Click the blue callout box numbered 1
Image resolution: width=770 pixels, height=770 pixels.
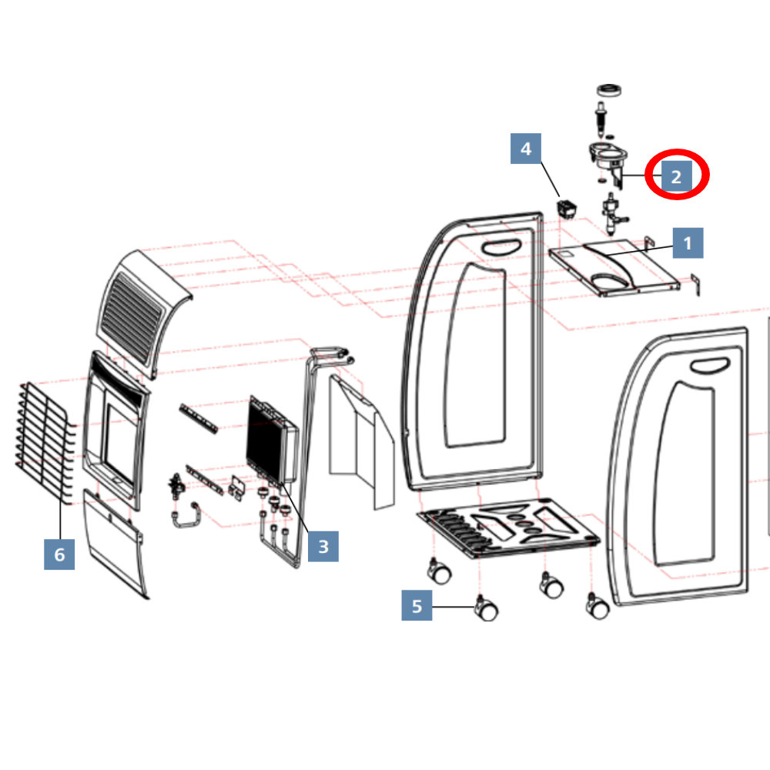point(688,243)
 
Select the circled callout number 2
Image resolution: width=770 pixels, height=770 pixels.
point(676,176)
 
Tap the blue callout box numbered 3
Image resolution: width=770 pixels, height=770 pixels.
point(323,546)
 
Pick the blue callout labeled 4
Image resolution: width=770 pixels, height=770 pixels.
point(526,149)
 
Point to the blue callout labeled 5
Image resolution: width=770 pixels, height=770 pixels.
point(417,605)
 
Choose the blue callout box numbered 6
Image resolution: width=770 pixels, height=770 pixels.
point(59,554)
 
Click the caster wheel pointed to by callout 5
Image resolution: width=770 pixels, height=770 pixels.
point(486,608)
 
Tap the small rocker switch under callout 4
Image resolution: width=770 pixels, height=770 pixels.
point(567,209)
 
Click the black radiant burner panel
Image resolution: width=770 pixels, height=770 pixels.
point(272,440)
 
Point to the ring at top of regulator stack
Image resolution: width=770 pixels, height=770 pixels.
point(610,90)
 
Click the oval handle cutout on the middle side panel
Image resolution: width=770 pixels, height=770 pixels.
point(501,247)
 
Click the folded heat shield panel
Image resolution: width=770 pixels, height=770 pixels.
point(362,441)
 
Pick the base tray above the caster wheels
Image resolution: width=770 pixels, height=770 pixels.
point(508,528)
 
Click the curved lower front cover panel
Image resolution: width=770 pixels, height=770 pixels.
point(115,543)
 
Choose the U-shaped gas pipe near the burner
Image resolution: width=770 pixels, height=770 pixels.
point(185,515)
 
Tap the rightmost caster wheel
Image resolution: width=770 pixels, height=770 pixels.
point(598,605)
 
